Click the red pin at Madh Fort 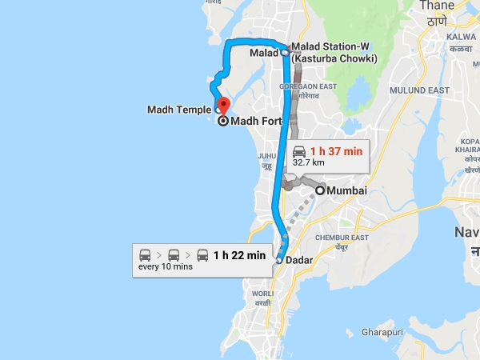(x=223, y=105)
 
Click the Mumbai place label (x=347, y=190)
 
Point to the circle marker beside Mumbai (x=321, y=190)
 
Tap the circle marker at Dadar (x=278, y=259)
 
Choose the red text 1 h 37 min (x=337, y=150)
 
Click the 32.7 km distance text (x=308, y=162)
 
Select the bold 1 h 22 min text (x=239, y=255)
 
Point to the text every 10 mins (x=166, y=267)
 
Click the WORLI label (x=263, y=294)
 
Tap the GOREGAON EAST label (x=306, y=86)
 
